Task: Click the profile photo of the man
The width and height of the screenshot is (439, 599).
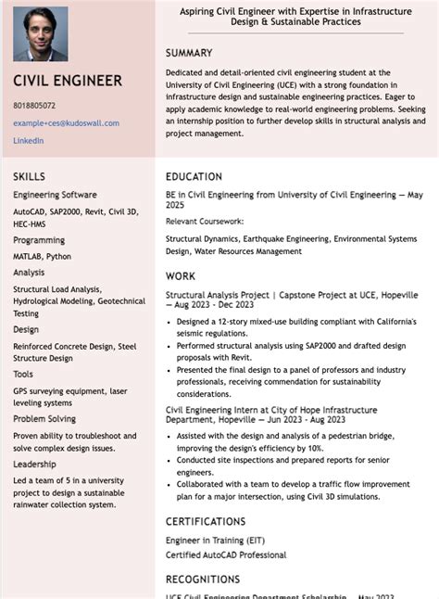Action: [41, 34]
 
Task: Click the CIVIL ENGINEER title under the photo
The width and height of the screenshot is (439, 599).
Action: [68, 81]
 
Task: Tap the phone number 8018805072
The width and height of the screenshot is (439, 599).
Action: [34, 106]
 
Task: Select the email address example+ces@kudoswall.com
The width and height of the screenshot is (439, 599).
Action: [66, 122]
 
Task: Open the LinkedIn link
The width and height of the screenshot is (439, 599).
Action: [28, 140]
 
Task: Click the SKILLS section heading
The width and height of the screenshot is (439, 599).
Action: [29, 176]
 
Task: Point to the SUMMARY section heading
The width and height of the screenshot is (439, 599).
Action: [189, 53]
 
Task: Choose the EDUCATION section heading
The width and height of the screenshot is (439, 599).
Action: [194, 176]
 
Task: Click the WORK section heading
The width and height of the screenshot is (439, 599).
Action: [181, 275]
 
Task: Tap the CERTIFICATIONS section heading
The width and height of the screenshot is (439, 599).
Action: [206, 521]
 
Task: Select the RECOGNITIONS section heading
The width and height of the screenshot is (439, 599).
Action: [203, 580]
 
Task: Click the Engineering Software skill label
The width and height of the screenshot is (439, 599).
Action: [55, 195]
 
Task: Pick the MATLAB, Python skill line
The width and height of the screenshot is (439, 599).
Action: [42, 256]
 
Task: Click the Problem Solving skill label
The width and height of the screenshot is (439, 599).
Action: [44, 418]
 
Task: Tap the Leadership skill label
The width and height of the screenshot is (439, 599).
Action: [34, 464]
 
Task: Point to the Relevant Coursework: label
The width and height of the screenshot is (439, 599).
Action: [205, 222]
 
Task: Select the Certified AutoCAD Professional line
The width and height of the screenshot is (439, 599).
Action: [226, 554]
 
